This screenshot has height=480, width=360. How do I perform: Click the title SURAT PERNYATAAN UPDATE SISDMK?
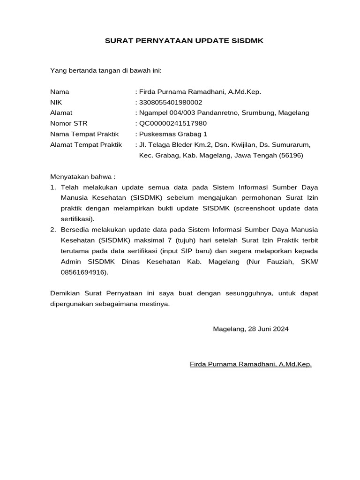point(184,41)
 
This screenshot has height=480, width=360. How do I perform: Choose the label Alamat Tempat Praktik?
point(86,144)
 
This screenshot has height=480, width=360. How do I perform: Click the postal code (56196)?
point(291,155)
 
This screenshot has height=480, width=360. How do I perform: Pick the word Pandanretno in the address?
point(218,113)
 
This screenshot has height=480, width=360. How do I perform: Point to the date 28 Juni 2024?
point(267,329)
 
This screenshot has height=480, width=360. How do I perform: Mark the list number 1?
point(52,187)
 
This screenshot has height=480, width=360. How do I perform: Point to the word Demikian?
point(65,293)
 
